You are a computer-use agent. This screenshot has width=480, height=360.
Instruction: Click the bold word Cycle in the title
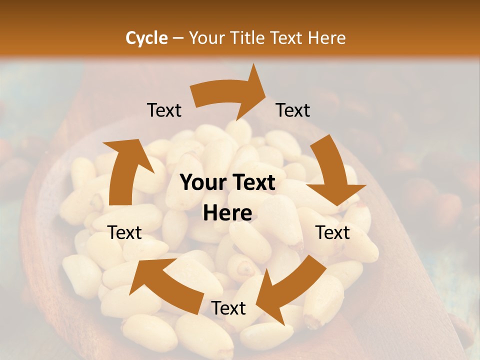146,38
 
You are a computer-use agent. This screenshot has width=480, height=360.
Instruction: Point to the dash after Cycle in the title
178,38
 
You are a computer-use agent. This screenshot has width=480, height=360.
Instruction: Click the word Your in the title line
206,38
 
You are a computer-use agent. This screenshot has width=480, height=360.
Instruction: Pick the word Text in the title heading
287,38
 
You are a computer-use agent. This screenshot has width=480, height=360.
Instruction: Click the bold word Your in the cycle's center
201,183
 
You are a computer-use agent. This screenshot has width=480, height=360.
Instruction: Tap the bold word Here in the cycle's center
227,213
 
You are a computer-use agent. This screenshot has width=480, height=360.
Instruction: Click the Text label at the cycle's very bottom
228,308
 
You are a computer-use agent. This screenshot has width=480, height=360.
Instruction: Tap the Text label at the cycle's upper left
164,110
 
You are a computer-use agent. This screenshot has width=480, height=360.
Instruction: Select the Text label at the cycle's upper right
293,110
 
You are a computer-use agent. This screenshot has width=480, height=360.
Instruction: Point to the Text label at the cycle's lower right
332,232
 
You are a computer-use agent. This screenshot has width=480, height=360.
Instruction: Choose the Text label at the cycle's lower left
125,232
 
